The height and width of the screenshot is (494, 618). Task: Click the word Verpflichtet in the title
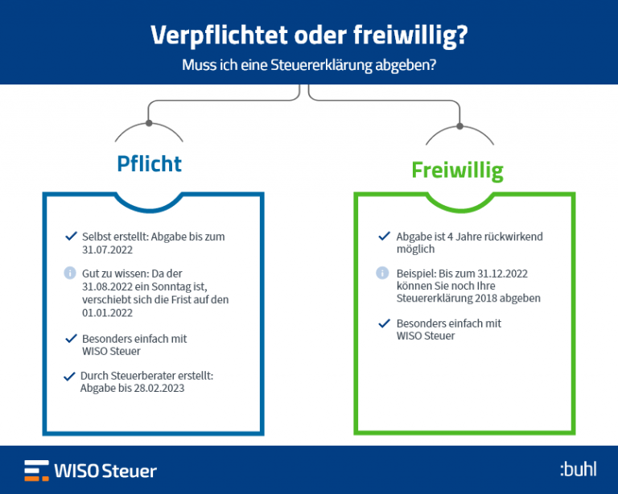click(219, 36)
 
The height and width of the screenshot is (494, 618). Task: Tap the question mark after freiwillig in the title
click(463, 35)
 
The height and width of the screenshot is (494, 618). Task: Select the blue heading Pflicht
click(150, 164)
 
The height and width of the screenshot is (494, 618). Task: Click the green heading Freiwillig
click(457, 171)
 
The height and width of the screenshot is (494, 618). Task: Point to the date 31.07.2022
click(107, 250)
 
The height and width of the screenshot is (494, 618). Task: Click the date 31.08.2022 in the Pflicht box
click(107, 286)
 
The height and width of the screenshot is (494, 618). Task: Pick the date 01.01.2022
click(107, 313)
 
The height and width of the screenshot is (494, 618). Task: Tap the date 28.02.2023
click(159, 389)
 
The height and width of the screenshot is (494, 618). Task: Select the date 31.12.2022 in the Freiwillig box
click(502, 274)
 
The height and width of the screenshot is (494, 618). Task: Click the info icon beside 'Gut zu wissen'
click(70, 273)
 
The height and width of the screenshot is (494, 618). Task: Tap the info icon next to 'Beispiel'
click(382, 273)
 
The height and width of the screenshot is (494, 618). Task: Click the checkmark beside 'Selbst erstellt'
click(71, 236)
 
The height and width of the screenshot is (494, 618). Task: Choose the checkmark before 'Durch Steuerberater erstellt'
click(69, 377)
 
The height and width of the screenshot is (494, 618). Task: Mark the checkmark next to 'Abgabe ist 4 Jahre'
click(385, 236)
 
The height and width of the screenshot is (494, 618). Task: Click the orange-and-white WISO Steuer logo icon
click(37, 471)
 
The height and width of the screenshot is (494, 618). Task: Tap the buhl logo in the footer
click(579, 469)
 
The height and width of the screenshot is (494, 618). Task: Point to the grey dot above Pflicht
click(149, 123)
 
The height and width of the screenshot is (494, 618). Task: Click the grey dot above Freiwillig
click(459, 126)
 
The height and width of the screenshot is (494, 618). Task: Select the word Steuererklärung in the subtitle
click(321, 65)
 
